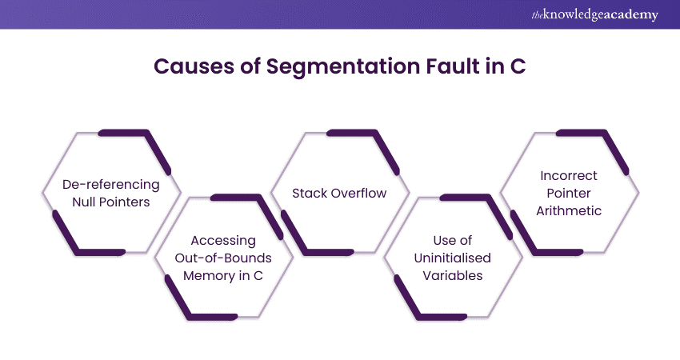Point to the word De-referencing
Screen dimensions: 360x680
click(x=111, y=185)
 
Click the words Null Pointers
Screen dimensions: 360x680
click(x=111, y=202)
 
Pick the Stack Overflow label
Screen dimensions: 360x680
click(x=339, y=193)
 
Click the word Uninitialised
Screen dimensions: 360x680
click(x=454, y=258)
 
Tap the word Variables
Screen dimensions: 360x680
click(x=454, y=275)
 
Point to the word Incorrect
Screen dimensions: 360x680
click(x=570, y=175)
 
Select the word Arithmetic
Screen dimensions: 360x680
click(x=570, y=210)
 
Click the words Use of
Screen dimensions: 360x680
click(x=454, y=240)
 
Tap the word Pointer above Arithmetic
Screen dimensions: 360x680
click(x=570, y=193)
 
